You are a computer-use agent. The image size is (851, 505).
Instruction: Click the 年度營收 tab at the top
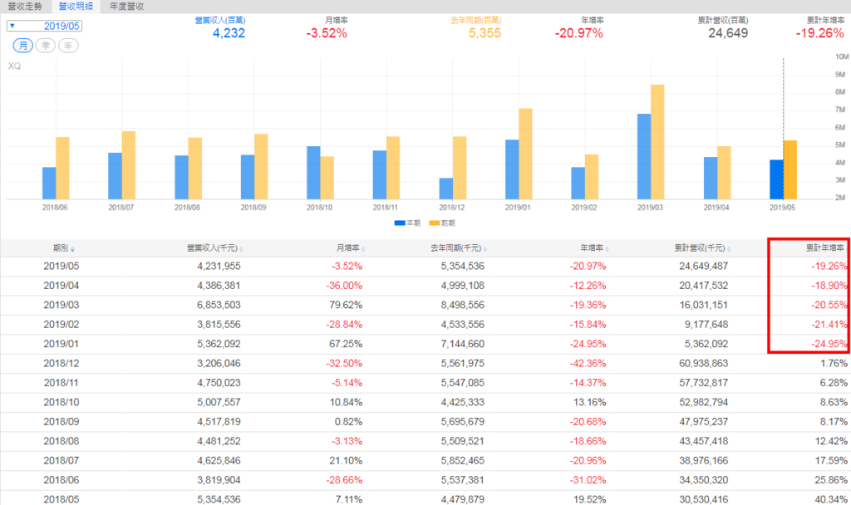coord(126,6)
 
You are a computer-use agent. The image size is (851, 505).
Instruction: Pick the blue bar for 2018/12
coord(446,189)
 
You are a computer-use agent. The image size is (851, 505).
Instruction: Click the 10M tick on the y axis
coord(840,57)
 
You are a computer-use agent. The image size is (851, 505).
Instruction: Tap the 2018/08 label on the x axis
coord(188,208)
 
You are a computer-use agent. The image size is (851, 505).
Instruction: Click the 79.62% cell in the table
coord(343,306)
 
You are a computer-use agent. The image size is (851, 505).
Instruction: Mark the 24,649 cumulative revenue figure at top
coord(728,34)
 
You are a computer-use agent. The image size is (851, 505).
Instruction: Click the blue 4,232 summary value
coord(229,34)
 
